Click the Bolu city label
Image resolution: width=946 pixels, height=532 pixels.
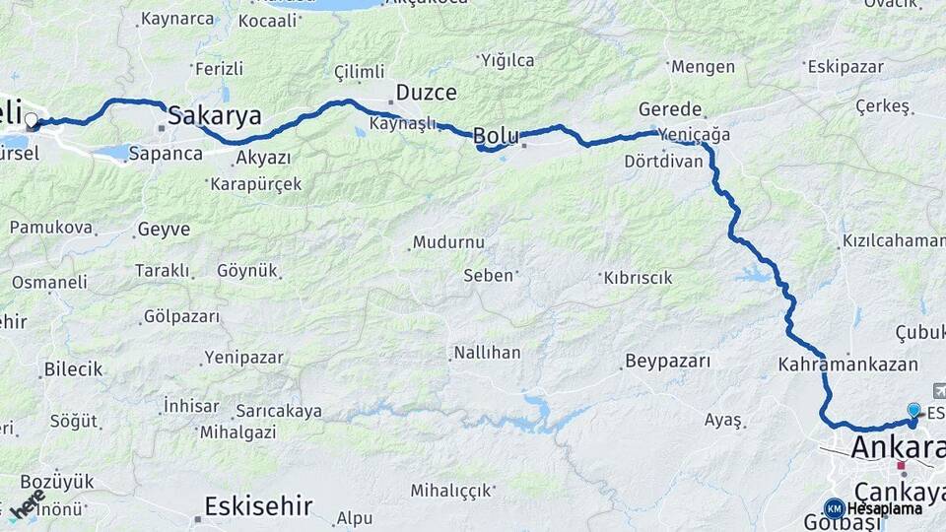click(496, 134)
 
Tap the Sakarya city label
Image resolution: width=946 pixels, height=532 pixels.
click(215, 115)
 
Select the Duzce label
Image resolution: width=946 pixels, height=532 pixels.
click(426, 93)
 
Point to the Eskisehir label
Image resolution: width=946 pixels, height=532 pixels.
click(258, 506)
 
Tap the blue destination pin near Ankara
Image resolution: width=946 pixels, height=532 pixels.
click(913, 410)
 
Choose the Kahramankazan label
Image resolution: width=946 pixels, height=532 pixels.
click(847, 364)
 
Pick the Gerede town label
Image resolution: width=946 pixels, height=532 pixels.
click(670, 109)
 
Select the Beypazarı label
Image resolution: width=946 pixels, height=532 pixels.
click(667, 361)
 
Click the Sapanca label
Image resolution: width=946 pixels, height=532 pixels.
click(166, 154)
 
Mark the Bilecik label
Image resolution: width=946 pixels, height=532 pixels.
click(73, 369)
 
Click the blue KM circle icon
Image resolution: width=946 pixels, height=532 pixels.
click(834, 508)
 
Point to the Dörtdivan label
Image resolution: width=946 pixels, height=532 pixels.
click(663, 161)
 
